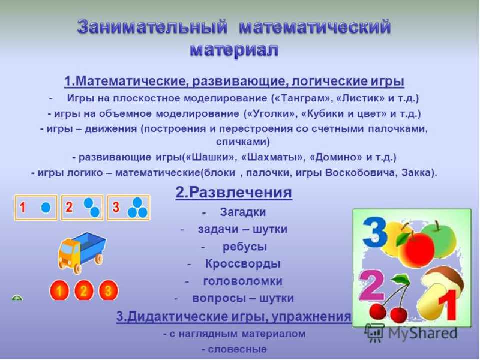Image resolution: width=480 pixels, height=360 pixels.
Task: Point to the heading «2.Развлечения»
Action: (x=234, y=192)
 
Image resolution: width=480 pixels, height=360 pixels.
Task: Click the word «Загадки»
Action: (x=243, y=212)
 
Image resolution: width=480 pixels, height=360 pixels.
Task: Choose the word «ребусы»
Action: (x=245, y=247)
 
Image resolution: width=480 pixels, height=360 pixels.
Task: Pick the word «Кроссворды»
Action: (x=243, y=264)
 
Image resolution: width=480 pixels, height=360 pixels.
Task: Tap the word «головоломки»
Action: (x=243, y=281)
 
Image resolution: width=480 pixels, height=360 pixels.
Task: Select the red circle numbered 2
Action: (x=83, y=290)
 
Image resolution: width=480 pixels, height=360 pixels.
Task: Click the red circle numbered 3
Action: (x=108, y=290)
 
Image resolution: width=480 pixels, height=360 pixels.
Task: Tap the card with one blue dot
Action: (x=36, y=208)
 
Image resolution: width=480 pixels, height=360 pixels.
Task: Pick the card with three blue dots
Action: (x=128, y=208)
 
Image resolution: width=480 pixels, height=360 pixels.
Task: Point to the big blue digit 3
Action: (x=374, y=232)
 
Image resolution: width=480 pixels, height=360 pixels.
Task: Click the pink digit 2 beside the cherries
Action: (x=371, y=285)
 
